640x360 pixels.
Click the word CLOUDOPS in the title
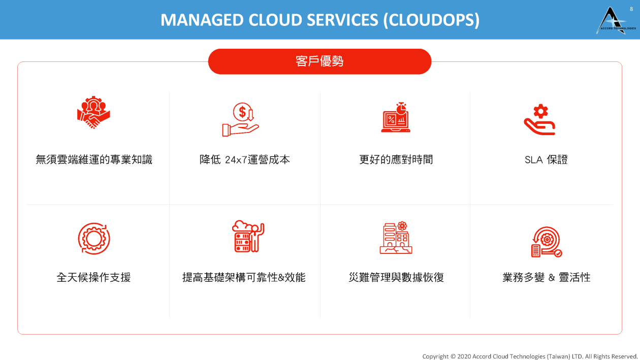431,20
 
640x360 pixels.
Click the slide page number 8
631,9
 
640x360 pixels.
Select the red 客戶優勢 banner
319,61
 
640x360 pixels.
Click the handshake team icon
93,112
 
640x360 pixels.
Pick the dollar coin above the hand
242,112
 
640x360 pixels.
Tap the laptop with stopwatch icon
396,117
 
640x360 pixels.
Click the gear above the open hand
540,111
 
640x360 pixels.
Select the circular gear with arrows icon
94,239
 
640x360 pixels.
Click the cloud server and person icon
248,236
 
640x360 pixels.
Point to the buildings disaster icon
396,238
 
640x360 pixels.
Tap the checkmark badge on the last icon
558,253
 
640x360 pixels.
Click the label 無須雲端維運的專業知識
94,159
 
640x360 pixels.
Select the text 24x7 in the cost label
236,160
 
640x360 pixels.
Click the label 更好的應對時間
396,159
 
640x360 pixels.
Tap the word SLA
534,160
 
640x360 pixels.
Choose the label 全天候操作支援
93,277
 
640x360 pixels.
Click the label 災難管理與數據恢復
396,277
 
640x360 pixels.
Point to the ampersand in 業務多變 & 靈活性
552,277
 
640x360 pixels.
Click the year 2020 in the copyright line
464,356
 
